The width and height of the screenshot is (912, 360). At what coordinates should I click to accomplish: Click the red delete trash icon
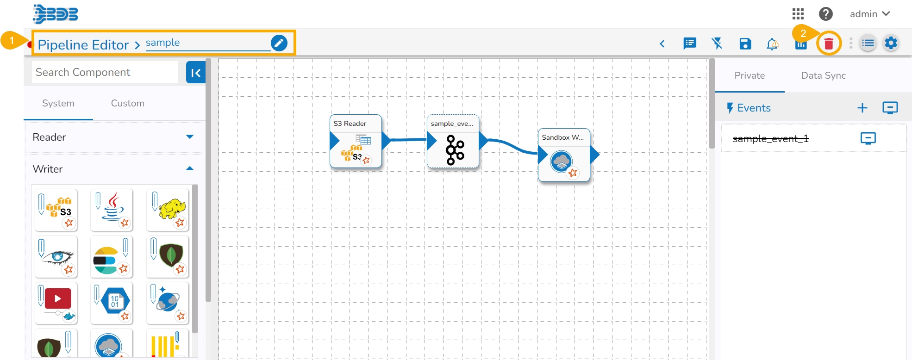[x=829, y=43]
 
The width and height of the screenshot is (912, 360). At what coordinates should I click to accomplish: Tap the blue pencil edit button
[x=279, y=43]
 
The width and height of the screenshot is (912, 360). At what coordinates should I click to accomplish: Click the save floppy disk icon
[x=745, y=43]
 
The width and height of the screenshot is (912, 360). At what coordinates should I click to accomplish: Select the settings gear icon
[x=891, y=43]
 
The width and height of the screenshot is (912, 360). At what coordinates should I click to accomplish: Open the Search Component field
[x=105, y=72]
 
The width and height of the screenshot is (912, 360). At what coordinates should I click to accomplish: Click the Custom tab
[x=127, y=103]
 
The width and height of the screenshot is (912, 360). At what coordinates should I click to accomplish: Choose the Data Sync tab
[x=823, y=75]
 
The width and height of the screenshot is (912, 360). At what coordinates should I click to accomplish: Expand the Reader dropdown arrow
[x=189, y=137]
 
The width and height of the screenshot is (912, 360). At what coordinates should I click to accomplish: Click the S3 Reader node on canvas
[x=356, y=141]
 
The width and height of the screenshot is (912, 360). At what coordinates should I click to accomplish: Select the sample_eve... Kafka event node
[x=453, y=142]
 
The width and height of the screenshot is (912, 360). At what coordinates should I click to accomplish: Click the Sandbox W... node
[x=564, y=155]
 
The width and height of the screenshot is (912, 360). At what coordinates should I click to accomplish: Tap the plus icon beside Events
[x=862, y=108]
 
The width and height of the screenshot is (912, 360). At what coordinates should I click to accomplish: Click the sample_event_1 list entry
[x=770, y=138]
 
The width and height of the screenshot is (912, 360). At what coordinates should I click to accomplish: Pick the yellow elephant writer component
[x=168, y=210]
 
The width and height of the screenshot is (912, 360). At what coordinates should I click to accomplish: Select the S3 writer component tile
[x=56, y=210]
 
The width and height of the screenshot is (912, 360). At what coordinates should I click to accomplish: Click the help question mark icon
[x=825, y=14]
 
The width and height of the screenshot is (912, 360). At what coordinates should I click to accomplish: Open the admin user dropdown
[x=869, y=14]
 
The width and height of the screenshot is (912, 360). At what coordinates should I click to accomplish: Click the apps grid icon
[x=798, y=14]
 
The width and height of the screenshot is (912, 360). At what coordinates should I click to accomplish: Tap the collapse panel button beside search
[x=195, y=73]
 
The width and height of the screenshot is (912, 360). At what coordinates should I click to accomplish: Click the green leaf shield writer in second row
[x=168, y=256]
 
